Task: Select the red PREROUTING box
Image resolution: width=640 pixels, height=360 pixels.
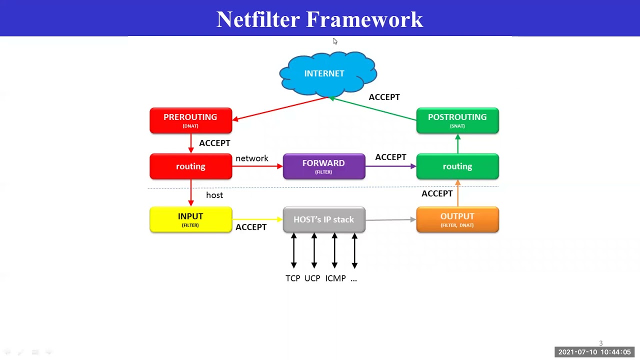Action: pyautogui.click(x=190, y=120)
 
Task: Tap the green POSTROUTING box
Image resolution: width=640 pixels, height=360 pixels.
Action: pyautogui.click(x=457, y=120)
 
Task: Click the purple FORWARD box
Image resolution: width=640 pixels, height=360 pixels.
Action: pyautogui.click(x=323, y=166)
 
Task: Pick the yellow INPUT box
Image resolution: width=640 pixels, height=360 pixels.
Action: pyautogui.click(x=190, y=219)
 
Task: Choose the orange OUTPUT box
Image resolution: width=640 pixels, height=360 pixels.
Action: pyautogui.click(x=457, y=219)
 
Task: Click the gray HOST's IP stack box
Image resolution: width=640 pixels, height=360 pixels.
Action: pyautogui.click(x=323, y=219)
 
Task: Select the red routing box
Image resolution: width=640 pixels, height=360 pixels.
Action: pyautogui.click(x=190, y=166)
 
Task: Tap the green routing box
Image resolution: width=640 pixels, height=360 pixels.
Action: pyautogui.click(x=457, y=166)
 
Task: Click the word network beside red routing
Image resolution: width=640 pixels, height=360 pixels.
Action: pyautogui.click(x=252, y=158)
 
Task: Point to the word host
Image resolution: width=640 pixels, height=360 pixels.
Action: pyautogui.click(x=214, y=195)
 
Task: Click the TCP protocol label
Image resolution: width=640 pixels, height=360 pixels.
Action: pyautogui.click(x=292, y=278)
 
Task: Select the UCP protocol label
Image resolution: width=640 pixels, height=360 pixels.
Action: pyautogui.click(x=312, y=278)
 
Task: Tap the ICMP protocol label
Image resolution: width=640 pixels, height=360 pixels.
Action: pyautogui.click(x=335, y=278)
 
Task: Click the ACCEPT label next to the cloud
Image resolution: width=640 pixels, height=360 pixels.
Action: pyautogui.click(x=384, y=97)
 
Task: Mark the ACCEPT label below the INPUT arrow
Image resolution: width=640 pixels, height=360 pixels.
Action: pyautogui.click(x=251, y=227)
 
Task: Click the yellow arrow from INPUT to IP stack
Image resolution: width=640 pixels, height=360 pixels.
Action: pyautogui.click(x=257, y=219)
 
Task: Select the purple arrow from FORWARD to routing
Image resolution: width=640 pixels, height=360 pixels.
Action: pyautogui.click(x=390, y=166)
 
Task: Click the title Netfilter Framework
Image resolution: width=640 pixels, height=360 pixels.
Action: pyautogui.click(x=319, y=19)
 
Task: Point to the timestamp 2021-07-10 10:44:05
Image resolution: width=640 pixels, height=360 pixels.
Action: pyautogui.click(x=594, y=352)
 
